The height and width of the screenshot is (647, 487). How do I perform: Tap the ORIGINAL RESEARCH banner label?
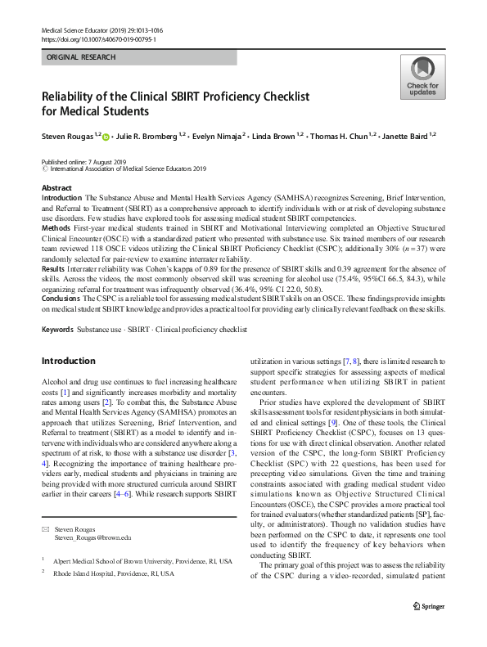[x=81, y=57]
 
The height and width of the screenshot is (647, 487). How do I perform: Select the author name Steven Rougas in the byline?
[x=67, y=134]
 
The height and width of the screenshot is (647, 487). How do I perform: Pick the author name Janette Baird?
[x=404, y=134]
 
